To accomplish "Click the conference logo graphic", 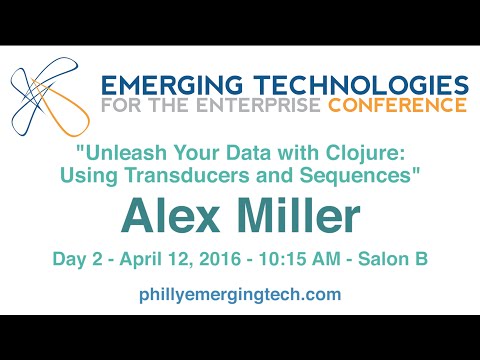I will click(x=45, y=94).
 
